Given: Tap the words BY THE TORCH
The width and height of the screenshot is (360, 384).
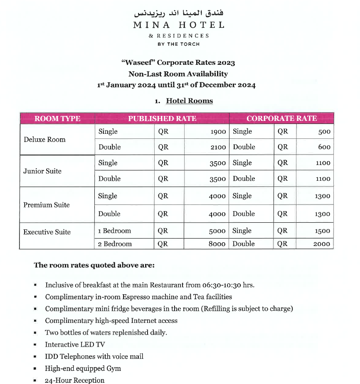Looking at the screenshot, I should pyautogui.click(x=178, y=44).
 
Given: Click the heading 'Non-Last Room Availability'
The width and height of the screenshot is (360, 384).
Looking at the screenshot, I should pyautogui.click(x=178, y=74).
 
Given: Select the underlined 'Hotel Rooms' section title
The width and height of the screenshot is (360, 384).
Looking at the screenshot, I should pyautogui.click(x=189, y=101).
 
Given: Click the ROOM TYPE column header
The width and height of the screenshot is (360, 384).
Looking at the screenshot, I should pyautogui.click(x=57, y=118).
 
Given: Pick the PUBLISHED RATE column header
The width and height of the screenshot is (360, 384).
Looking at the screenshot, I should pyautogui.click(x=162, y=118).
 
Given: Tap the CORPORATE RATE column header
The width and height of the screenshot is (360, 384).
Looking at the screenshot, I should pyautogui.click(x=281, y=118).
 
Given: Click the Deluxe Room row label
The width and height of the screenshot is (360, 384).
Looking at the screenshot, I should pyautogui.click(x=44, y=140).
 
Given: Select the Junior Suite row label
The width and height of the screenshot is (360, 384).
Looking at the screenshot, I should pyautogui.click(x=42, y=171).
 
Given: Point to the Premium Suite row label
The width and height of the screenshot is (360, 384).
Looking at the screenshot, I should pyautogui.click(x=47, y=205).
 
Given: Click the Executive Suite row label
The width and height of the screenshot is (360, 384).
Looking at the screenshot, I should pyautogui.click(x=47, y=232).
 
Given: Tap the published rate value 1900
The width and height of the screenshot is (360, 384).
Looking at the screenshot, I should pyautogui.click(x=218, y=132).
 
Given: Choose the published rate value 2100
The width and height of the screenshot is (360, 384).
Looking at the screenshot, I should pyautogui.click(x=218, y=147).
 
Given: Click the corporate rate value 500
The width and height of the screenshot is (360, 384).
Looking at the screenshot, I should pyautogui.click(x=324, y=132).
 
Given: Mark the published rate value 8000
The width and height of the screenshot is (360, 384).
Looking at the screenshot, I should pyautogui.click(x=217, y=244).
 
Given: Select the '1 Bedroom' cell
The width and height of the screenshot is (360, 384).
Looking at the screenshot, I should pyautogui.click(x=114, y=231).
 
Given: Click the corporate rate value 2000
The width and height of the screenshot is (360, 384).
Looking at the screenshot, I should pyautogui.click(x=322, y=244).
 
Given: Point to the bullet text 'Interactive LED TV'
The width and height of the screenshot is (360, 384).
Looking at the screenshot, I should pyautogui.click(x=75, y=345).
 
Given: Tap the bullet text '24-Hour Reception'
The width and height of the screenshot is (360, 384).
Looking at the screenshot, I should pyautogui.click(x=75, y=380).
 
